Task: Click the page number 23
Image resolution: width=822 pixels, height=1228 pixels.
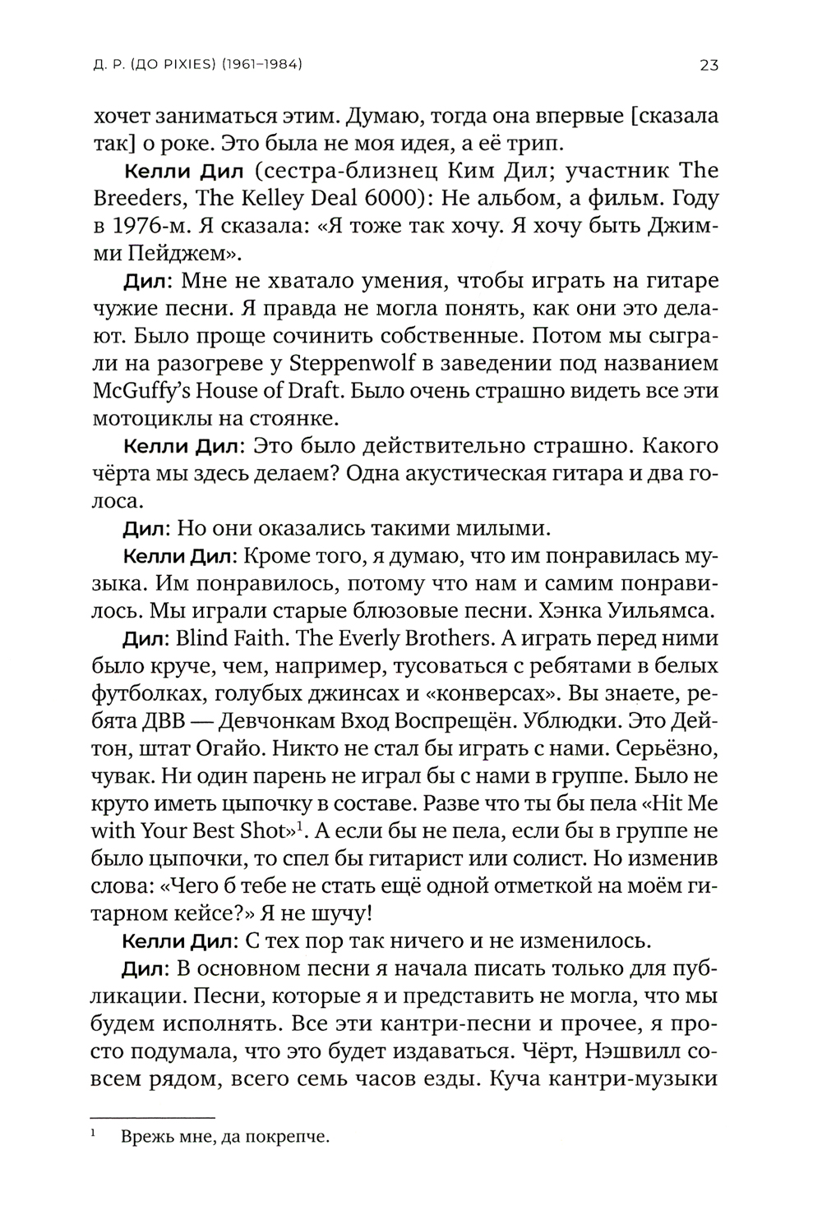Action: pos(709,65)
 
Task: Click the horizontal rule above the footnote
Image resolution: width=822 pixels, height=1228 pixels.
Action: pos(151,1117)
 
